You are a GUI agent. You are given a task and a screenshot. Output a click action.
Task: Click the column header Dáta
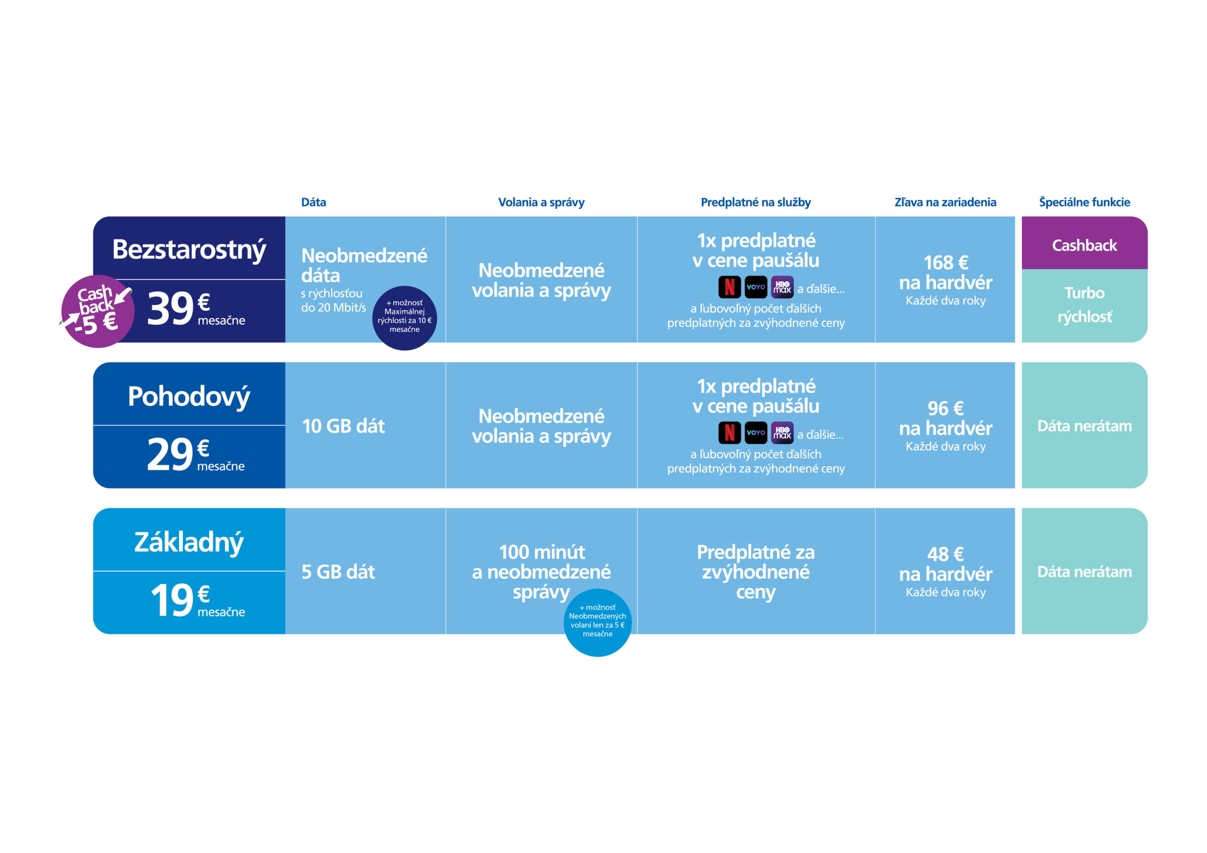click(314, 202)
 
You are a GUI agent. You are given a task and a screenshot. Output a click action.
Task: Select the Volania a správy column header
click(541, 202)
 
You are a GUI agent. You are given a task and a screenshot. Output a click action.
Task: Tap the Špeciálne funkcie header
click(1084, 202)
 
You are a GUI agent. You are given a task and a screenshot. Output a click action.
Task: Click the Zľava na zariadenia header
click(945, 202)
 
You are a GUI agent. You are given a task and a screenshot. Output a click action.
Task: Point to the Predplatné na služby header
click(755, 202)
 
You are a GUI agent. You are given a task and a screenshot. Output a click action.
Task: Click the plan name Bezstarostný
click(189, 250)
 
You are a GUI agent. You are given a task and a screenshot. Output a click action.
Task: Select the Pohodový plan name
click(189, 396)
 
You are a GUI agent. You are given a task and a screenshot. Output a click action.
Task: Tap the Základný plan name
click(189, 542)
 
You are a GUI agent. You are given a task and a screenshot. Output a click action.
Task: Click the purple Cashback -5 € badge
click(97, 311)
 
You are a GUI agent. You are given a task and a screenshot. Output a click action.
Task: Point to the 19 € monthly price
click(197, 600)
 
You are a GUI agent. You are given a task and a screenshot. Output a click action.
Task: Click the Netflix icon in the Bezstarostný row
click(730, 287)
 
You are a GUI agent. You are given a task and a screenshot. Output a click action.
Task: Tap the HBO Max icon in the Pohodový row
click(782, 433)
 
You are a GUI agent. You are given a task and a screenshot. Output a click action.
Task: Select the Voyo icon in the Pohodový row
click(756, 433)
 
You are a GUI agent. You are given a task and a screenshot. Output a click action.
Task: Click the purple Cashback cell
click(1084, 243)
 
